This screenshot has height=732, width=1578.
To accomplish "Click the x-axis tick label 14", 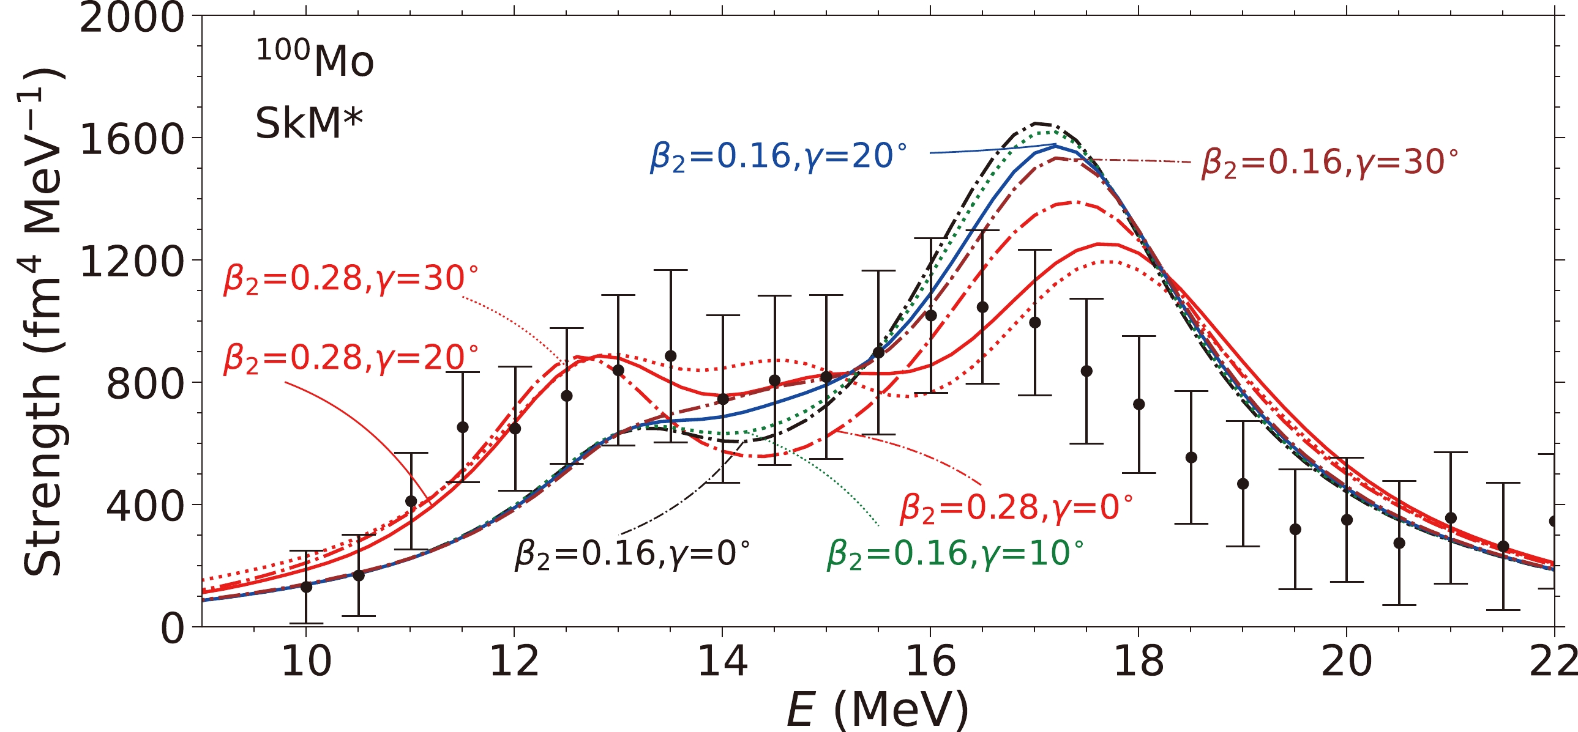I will [x=722, y=662].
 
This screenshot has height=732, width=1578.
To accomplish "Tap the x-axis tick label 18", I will [x=1138, y=662].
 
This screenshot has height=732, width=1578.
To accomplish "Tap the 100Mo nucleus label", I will [x=314, y=59].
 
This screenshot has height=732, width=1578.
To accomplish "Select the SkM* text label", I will [x=308, y=123].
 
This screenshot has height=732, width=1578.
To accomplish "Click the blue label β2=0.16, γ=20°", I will [x=778, y=157].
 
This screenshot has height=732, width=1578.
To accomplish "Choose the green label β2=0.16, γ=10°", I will [x=955, y=554].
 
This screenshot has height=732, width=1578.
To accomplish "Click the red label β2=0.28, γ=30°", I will [x=350, y=279].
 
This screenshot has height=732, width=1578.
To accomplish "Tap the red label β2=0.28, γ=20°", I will [x=350, y=358].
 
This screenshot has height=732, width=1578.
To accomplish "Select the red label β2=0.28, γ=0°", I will [x=1015, y=508].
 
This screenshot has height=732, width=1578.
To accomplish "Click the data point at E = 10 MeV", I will [x=306, y=586].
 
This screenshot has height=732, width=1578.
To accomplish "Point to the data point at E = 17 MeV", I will [x=1034, y=322].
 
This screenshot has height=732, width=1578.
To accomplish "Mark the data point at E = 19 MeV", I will [x=1243, y=484].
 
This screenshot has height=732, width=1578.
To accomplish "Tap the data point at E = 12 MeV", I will [x=515, y=429].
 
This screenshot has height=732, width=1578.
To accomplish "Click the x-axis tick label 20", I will [x=1347, y=662].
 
